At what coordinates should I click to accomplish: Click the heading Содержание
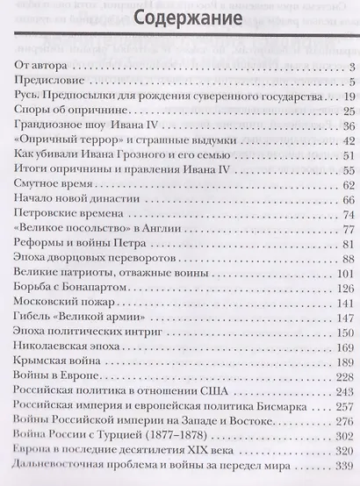(x=179, y=19)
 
